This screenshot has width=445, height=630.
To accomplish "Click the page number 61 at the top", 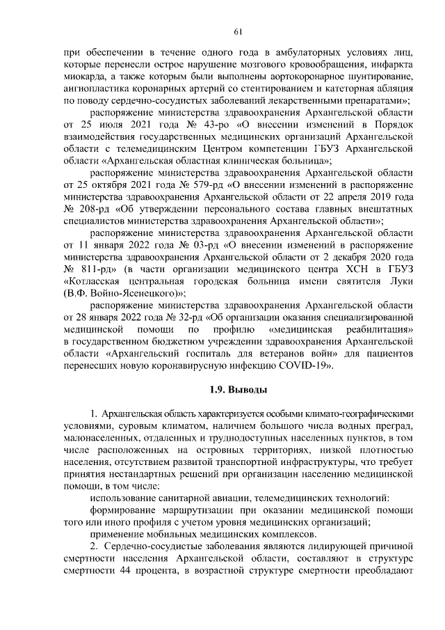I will tap(237, 31).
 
